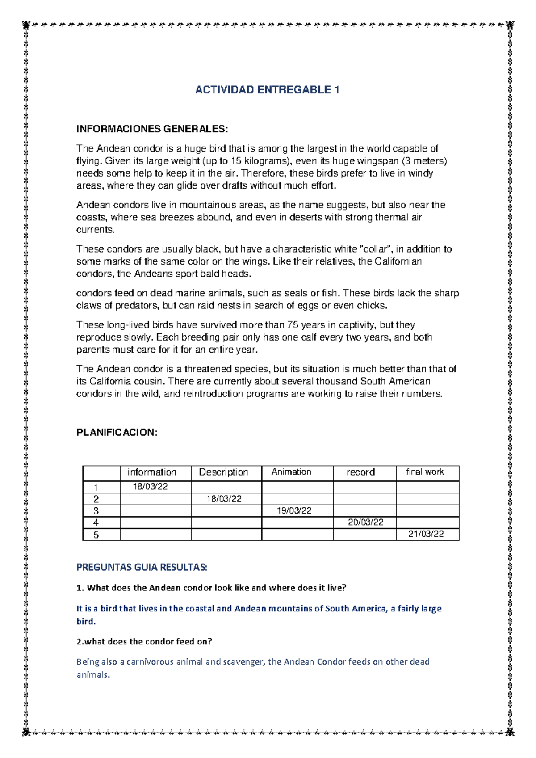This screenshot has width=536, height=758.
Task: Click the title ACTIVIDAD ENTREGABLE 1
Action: (267, 90)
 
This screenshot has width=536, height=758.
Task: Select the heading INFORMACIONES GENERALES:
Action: (152, 129)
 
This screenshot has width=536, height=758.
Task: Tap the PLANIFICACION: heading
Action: (117, 433)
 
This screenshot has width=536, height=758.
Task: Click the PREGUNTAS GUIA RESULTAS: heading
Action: (142, 568)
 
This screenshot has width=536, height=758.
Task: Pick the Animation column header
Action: (291, 472)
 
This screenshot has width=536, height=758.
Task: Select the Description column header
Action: (223, 472)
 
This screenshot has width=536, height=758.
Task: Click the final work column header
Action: (425, 472)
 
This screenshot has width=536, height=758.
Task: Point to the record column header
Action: (360, 472)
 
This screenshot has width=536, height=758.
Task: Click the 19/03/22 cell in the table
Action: (294, 511)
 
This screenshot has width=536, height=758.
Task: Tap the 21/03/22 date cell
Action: (426, 535)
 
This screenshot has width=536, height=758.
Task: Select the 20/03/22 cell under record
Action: (365, 522)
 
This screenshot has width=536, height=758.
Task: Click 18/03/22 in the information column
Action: (150, 487)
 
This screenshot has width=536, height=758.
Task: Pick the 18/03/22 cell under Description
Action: (223, 499)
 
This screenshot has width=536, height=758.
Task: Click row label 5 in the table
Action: (96, 535)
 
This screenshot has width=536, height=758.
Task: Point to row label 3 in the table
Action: (96, 511)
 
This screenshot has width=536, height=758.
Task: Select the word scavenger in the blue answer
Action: (244, 662)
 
